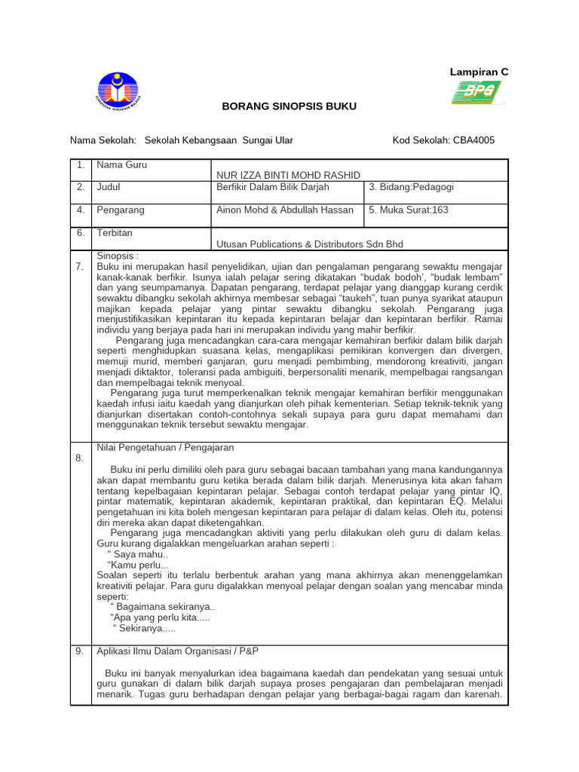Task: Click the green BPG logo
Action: click(474, 93)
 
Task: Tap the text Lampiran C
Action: click(479, 72)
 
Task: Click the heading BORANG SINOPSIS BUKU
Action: click(289, 107)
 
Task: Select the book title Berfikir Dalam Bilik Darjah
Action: click(273, 187)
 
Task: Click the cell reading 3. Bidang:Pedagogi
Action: click(411, 187)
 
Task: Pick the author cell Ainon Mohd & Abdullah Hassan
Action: click(285, 210)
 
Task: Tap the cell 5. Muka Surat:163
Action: click(409, 210)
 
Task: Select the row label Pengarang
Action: click(121, 210)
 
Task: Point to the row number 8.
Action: click(80, 458)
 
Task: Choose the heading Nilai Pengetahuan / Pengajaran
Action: click(155, 447)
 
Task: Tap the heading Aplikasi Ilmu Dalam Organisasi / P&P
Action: click(177, 651)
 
